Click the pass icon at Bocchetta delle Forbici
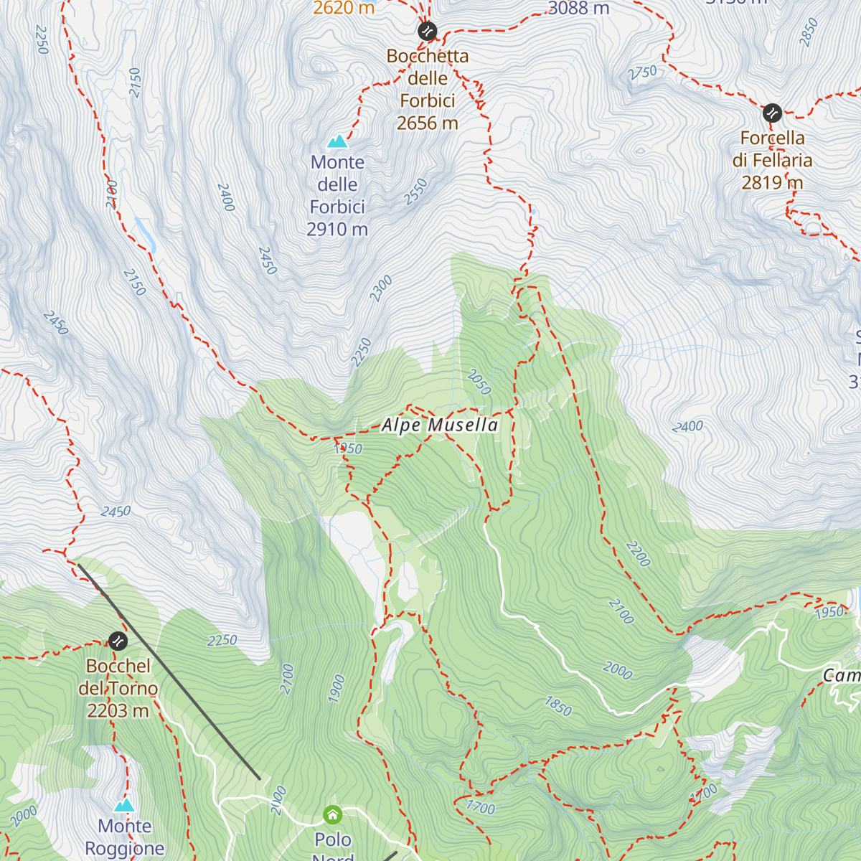pyautogui.click(x=427, y=31)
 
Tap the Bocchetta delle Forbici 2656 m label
pyautogui.click(x=428, y=90)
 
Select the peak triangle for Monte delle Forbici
pyautogui.click(x=337, y=141)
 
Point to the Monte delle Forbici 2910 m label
pyautogui.click(x=337, y=196)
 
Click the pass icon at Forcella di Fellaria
pyautogui.click(x=772, y=113)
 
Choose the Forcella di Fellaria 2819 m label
pyautogui.click(x=772, y=160)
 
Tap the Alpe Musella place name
pyautogui.click(x=439, y=425)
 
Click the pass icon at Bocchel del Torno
pyautogui.click(x=118, y=641)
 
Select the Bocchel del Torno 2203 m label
pyautogui.click(x=118, y=688)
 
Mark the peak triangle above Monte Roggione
pyautogui.click(x=125, y=805)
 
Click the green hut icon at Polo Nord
pyautogui.click(x=332, y=814)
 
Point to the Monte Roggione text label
pyautogui.click(x=125, y=837)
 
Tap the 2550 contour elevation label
pyautogui.click(x=415, y=192)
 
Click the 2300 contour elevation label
pyautogui.click(x=381, y=288)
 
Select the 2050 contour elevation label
pyautogui.click(x=479, y=382)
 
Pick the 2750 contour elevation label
pyautogui.click(x=642, y=72)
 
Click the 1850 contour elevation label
pyautogui.click(x=558, y=706)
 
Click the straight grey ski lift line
pyautogui.click(x=169, y=672)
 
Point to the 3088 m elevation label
pyautogui.click(x=578, y=9)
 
